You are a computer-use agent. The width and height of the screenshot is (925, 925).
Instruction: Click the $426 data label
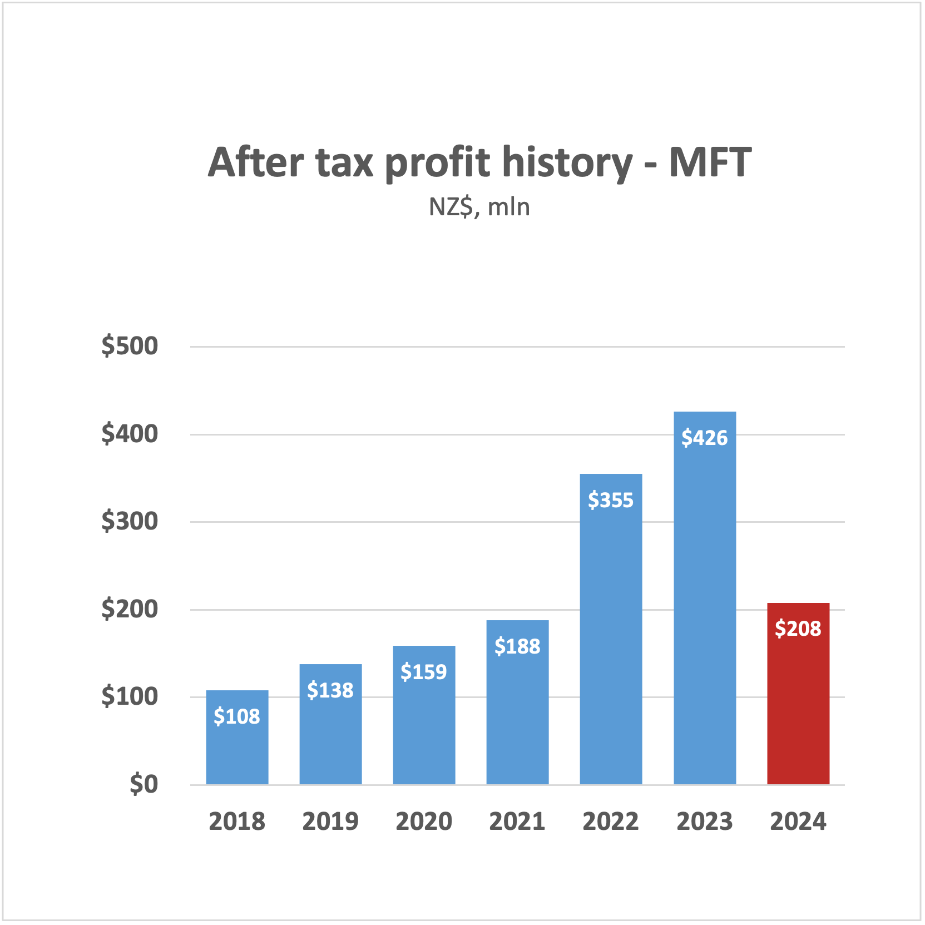coord(705,438)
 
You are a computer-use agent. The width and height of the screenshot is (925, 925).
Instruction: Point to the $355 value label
coord(611,501)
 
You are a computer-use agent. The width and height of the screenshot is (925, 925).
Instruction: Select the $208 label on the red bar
coord(798,629)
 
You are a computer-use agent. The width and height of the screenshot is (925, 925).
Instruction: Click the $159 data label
coord(424,672)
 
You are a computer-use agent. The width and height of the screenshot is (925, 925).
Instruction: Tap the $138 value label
coord(330,691)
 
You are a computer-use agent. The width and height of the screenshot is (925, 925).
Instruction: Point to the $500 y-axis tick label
coord(130,347)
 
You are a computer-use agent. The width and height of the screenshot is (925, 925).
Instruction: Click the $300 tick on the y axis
coord(130,522)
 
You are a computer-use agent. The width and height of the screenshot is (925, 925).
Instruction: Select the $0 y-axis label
coord(144,784)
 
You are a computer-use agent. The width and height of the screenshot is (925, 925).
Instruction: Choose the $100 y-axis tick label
coord(130,697)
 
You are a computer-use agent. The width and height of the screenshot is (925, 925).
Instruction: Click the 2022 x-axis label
coord(611,822)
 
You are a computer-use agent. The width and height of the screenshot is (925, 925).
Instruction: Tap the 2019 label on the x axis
coord(330,822)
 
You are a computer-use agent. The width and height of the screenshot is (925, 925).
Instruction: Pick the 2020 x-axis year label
coord(424,822)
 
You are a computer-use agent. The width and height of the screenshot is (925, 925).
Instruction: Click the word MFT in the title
coord(710,162)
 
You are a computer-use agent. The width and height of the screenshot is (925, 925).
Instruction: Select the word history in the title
coord(567,162)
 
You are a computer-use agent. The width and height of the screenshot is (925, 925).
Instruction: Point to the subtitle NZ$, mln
coord(479,207)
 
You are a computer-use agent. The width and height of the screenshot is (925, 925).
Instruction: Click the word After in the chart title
coord(256,162)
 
